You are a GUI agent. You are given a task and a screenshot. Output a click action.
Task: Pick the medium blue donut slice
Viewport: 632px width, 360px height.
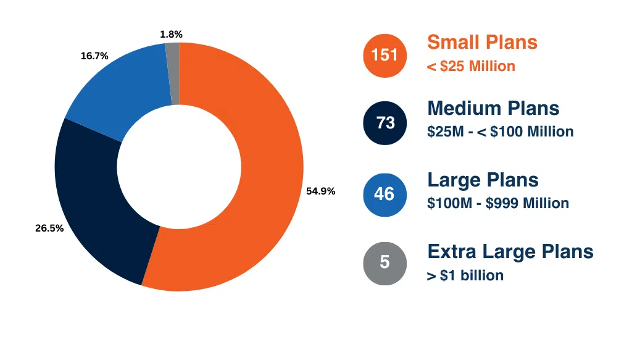[117, 93]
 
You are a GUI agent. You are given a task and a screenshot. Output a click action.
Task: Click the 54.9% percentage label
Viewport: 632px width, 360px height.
[320, 191]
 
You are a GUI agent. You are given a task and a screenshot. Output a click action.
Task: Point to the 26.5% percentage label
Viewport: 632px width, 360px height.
[49, 228]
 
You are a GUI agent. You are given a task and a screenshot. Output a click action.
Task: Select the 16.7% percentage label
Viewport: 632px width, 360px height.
[94, 56]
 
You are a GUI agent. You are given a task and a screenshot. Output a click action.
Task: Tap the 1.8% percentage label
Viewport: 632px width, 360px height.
[171, 35]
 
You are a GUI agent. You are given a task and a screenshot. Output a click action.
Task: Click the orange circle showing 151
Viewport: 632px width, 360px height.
[385, 56]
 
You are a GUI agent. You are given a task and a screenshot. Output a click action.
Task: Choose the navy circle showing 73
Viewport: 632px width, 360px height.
[385, 123]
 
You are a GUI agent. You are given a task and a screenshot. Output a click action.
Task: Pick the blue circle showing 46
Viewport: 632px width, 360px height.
[385, 194]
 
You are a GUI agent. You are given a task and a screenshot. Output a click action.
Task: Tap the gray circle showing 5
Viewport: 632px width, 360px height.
[385, 262]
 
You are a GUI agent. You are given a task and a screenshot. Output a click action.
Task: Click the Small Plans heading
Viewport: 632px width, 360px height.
[482, 42]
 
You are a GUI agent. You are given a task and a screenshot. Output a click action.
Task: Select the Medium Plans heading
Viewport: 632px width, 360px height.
[493, 108]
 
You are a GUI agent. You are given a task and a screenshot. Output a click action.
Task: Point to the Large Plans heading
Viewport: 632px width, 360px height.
[483, 180]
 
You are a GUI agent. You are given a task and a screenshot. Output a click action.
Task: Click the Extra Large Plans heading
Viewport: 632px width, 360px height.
[510, 251]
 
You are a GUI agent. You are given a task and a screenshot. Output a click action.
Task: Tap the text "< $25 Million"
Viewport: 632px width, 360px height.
[471, 66]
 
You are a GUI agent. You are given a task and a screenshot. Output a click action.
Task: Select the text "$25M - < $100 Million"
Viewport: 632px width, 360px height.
[500, 132]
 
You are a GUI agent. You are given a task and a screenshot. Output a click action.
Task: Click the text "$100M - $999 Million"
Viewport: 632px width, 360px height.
[497, 203]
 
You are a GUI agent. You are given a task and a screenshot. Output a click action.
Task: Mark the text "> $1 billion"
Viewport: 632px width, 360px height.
[465, 275]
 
